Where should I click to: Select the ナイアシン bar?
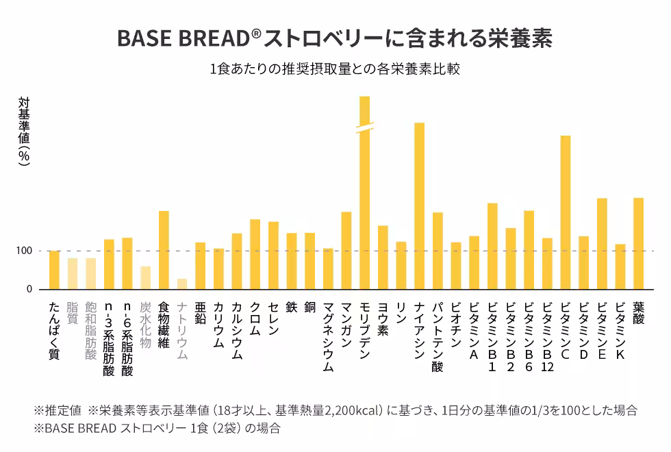[419, 205]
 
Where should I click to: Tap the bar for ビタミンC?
[566, 212]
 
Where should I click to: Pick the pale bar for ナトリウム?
[182, 284]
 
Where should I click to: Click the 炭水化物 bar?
[145, 277]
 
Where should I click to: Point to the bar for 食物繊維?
[164, 250]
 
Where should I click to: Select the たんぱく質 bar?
[54, 270]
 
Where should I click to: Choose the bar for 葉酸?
[638, 243]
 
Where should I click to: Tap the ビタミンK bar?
[620, 266]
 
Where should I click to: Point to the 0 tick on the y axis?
[29, 289]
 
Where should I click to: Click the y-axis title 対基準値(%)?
[25, 130]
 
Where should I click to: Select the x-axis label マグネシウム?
[328, 336]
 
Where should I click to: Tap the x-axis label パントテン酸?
[438, 336]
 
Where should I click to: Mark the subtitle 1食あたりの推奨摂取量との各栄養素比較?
[335, 70]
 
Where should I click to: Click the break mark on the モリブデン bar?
[364, 127]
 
